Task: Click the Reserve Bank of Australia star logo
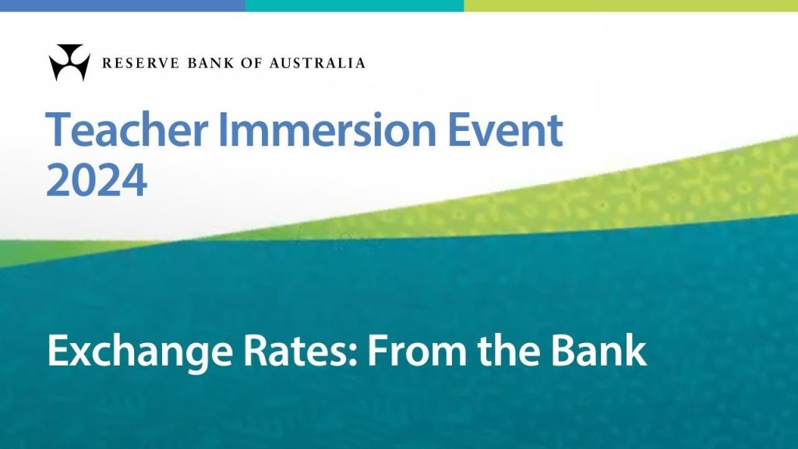coord(69,62)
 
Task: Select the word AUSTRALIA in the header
coord(317,63)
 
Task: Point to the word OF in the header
coord(255,63)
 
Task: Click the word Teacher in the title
coord(127,129)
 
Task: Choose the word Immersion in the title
coord(327,129)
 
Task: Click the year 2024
coord(97,180)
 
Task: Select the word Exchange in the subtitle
coord(140,352)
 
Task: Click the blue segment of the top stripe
coord(122,5)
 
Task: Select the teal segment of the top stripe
coord(355,5)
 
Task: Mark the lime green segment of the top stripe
coord(631,5)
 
